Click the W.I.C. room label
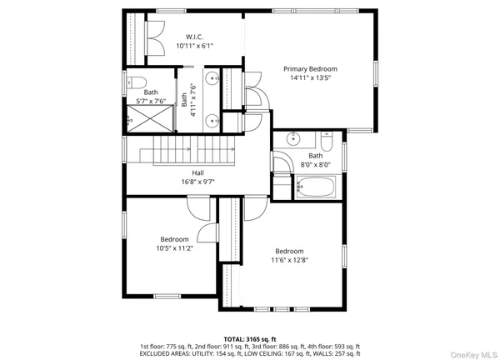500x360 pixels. coord(194,36)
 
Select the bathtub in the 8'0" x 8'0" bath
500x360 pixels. coord(315,187)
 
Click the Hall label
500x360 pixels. coord(198,172)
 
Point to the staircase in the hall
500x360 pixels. coord(187,152)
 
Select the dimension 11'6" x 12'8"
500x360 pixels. coord(289,261)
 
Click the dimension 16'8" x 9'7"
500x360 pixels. coord(198,182)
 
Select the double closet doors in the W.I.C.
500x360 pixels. coord(154,36)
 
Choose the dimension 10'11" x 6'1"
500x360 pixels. coord(194,46)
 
